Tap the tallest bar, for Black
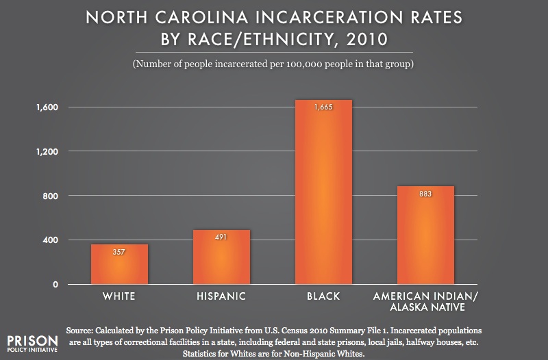coord(323,192)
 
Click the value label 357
coord(119,252)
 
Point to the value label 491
coord(221,237)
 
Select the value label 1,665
coord(323,107)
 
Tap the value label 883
coord(425,194)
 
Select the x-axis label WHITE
coord(119,296)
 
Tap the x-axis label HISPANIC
coord(221,296)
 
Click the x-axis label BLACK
coord(323,296)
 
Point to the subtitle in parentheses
coord(274,64)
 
